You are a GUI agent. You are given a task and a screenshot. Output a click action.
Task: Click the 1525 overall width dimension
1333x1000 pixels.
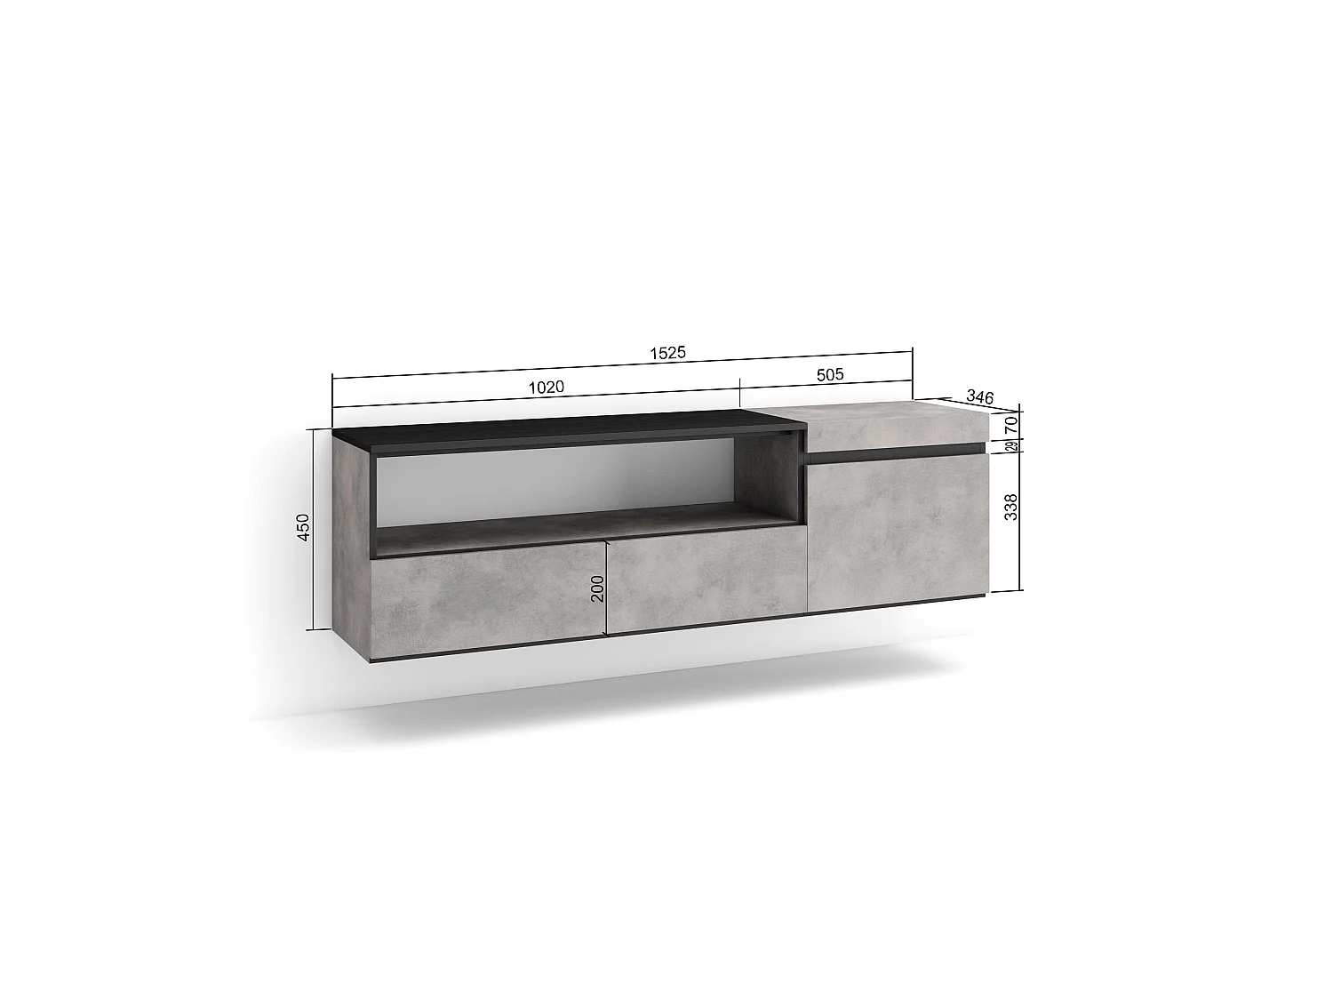pos(667,353)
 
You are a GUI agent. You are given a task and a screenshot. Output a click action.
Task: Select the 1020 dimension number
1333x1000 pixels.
pos(546,388)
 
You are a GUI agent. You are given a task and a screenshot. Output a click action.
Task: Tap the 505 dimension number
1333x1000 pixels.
pos(829,374)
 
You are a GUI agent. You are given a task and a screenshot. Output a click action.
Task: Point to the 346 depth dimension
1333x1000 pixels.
pos(980,397)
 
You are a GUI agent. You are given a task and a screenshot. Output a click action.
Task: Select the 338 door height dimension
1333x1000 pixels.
pos(1010,507)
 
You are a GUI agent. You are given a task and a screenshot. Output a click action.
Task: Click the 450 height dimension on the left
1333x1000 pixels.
pos(303,527)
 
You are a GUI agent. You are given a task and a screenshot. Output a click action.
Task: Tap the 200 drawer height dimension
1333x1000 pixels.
pos(597,588)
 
